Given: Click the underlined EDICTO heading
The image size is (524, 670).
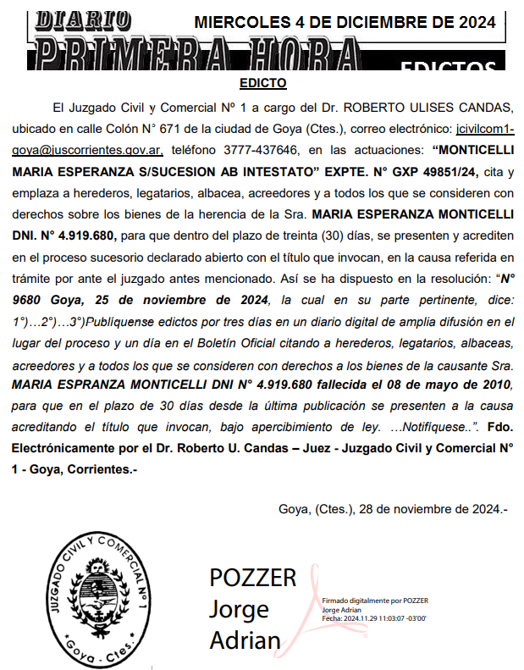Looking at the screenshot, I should click(262, 84).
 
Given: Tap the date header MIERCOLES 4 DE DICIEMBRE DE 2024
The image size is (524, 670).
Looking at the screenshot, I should click(345, 23).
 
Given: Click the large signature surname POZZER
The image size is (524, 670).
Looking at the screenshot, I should click(253, 578).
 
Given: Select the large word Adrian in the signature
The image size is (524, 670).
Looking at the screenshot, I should click(245, 640).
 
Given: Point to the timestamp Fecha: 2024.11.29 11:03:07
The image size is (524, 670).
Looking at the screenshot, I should click(372, 618).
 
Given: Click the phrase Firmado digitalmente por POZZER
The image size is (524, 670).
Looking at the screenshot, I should click(375, 601).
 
